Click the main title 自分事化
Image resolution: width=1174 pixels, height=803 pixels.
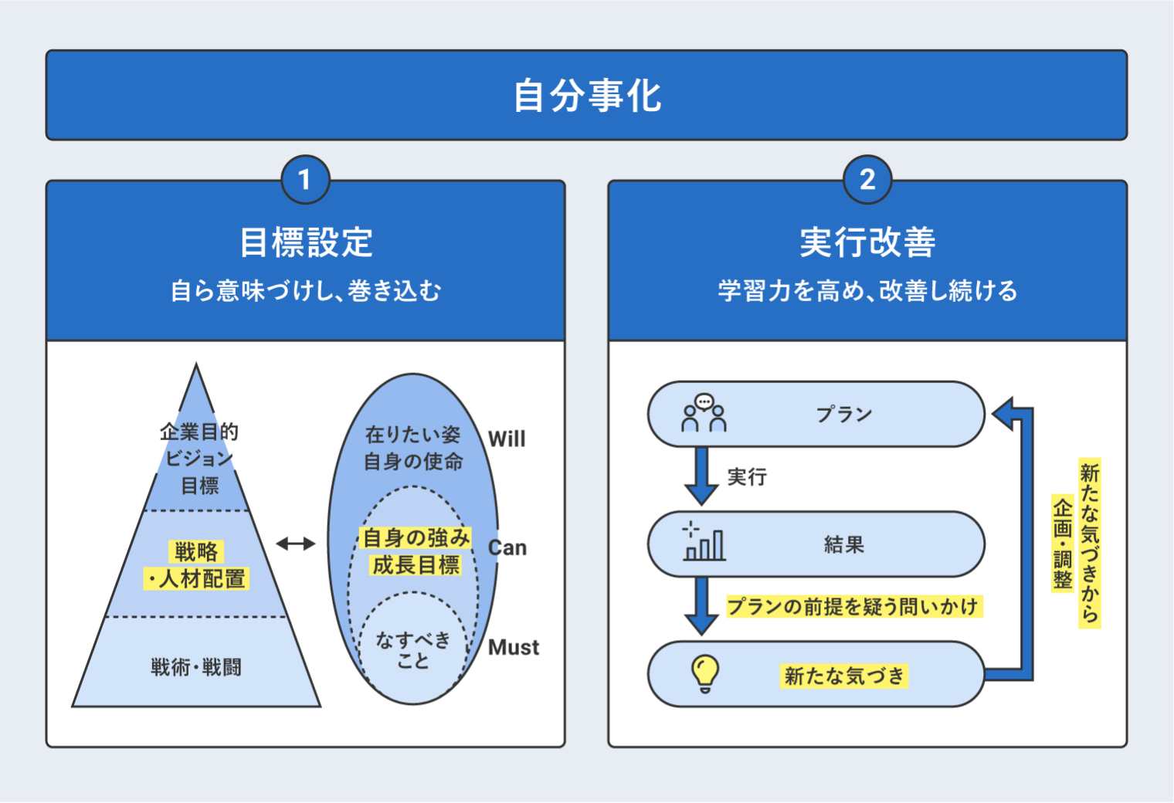coord(587,96)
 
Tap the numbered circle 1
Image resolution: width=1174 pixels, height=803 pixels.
coord(305,180)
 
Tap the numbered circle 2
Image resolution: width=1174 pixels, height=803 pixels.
coord(867,180)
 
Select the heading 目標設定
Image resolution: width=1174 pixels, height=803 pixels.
coord(306,242)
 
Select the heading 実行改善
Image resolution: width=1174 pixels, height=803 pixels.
coord(867,242)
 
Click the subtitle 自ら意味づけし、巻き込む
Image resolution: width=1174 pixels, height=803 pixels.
coord(306,291)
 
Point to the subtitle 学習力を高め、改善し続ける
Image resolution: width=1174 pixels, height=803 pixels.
coord(867,291)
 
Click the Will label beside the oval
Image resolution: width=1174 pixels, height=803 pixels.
coord(507,439)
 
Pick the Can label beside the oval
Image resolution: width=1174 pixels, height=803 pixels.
coord(507,547)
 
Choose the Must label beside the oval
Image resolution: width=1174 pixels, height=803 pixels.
coord(514,647)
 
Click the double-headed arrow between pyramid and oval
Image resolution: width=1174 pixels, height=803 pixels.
coord(296,544)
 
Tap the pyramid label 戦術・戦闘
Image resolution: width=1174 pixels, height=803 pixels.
coord(196,666)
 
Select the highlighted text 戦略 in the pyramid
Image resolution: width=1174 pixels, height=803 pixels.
coord(196,551)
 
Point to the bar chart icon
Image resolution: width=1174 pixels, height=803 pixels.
coord(703,542)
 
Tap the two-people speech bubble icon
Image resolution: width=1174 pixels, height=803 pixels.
coord(704,413)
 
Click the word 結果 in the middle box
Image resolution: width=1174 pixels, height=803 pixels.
coord(843,544)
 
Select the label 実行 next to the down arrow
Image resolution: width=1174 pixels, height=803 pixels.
coord(747,477)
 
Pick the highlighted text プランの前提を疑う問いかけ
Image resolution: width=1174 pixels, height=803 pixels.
coord(853,606)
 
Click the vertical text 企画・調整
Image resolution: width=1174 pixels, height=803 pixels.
coord(1063,544)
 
